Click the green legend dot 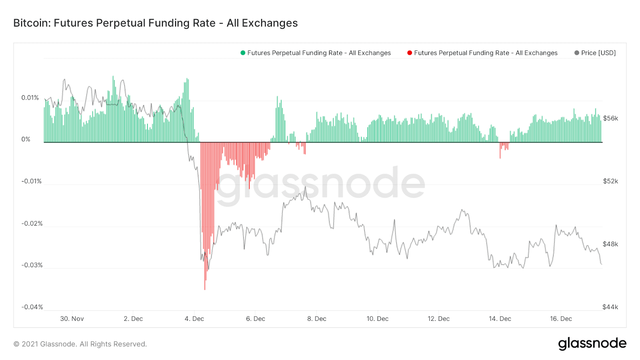(x=243, y=53)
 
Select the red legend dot (x=410, y=53)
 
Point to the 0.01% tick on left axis (x=30, y=98)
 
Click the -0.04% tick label (x=32, y=307)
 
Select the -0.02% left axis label (x=32, y=223)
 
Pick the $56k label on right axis (x=610, y=118)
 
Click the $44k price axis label (x=610, y=307)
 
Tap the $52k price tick (x=610, y=181)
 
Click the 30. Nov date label (x=72, y=319)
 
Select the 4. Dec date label (x=194, y=319)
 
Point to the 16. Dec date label (x=561, y=319)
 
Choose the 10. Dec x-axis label (x=378, y=319)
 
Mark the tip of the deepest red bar (x=205, y=289)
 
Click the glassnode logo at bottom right (x=592, y=344)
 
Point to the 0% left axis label (x=26, y=139)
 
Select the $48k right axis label (x=610, y=244)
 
